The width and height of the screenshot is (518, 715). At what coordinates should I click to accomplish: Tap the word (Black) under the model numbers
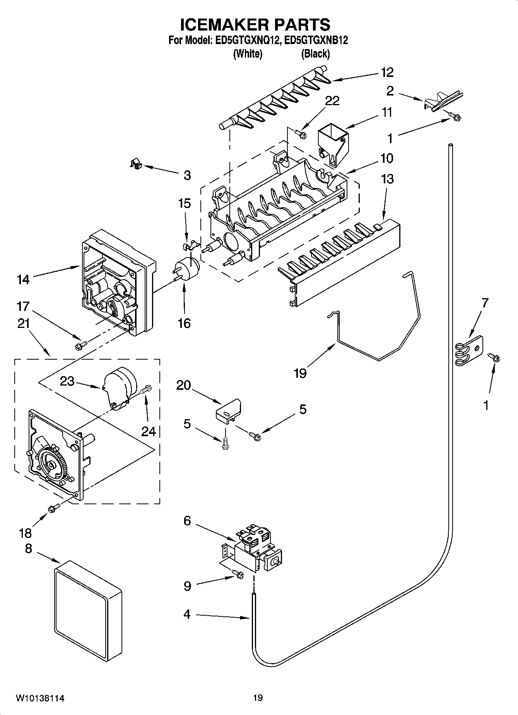pyautogui.click(x=315, y=54)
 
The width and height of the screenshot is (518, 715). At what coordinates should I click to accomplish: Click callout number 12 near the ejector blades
pyautogui.click(x=387, y=72)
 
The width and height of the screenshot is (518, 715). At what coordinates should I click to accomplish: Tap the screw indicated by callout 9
pyautogui.click(x=238, y=575)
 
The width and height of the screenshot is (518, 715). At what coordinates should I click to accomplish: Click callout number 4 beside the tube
pyautogui.click(x=187, y=614)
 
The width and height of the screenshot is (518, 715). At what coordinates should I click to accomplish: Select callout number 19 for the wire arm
pyautogui.click(x=300, y=373)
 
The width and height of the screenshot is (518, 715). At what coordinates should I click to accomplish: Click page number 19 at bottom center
pyautogui.click(x=258, y=698)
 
